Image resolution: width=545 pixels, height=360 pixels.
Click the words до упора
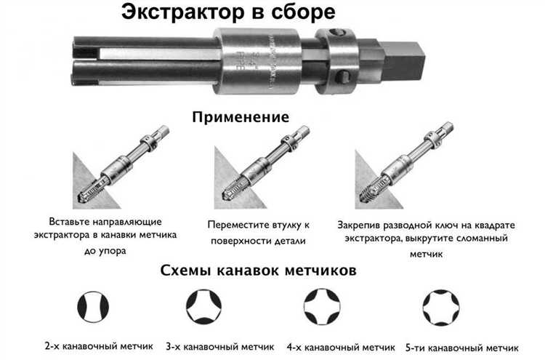[105, 251]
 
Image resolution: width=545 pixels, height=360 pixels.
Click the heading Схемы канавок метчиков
[258, 271]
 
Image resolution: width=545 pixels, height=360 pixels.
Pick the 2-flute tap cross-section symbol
[90, 305]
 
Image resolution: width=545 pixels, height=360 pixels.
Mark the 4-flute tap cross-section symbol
[322, 305]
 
